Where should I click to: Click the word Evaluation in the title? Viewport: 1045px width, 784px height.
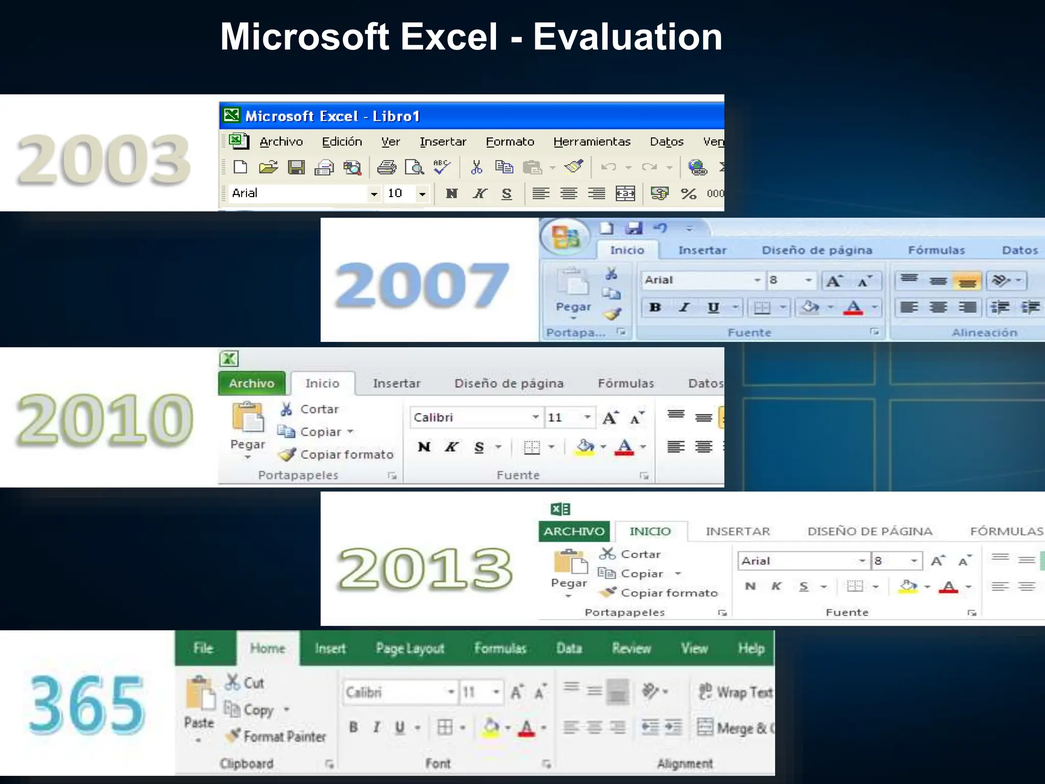point(627,37)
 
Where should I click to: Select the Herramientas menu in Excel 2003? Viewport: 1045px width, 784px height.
point(591,141)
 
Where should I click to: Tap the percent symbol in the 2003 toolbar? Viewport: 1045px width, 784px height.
point(688,193)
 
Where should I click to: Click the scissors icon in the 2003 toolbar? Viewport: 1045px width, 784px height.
point(477,167)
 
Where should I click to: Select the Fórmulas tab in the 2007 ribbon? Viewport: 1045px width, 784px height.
point(936,250)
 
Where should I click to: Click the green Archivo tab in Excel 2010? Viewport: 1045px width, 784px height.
point(252,383)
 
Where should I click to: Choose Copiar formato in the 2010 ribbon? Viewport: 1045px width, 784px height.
point(346,454)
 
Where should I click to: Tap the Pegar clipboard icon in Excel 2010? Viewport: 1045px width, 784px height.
point(248,419)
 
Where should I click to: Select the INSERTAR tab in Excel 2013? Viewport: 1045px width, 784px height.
point(737,531)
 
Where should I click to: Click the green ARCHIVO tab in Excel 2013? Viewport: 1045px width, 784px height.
point(574,531)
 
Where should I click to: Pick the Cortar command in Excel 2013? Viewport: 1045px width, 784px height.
point(640,554)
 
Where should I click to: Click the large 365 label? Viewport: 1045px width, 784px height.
point(87,705)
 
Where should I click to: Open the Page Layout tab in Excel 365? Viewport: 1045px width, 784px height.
point(410,648)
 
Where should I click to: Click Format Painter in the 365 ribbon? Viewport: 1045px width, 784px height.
point(284,737)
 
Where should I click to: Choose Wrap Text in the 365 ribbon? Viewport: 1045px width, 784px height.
point(744,692)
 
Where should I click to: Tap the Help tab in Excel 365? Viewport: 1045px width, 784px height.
point(751,648)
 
